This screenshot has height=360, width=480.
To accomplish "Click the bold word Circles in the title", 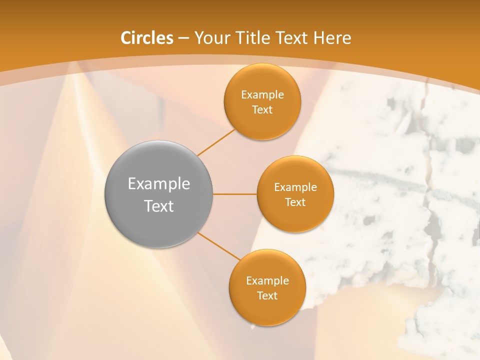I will pos(147,38).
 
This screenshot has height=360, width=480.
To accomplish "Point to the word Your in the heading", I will pos(211,38).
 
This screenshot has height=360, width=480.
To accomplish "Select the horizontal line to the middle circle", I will pos(235,194).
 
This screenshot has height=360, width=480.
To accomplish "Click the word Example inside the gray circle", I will pos(158,184).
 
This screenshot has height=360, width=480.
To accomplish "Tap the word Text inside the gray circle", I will pos(158,206).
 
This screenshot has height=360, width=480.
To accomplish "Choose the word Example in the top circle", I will pos(262,95).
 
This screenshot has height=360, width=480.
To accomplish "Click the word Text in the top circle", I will pos(262,110).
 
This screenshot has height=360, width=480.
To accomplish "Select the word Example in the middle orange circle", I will pos(295,187).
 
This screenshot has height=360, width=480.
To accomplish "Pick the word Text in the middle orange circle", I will pos(295,202).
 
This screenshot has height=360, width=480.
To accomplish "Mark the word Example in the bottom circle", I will pos(267,281).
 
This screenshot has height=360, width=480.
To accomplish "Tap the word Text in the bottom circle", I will pos(267,296).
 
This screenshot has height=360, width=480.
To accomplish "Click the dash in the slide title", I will pos(183,38).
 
